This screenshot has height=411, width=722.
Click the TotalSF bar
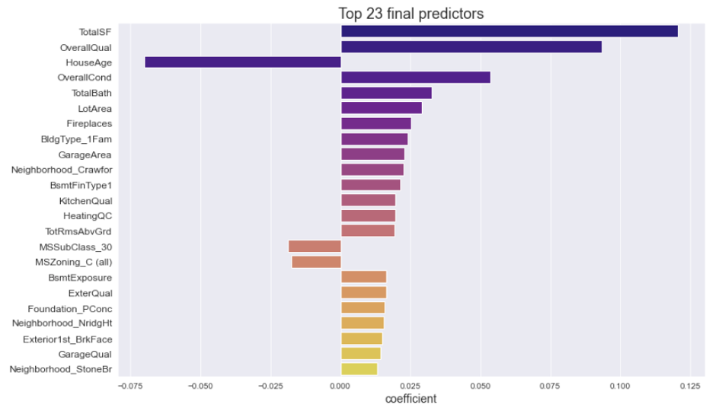(x=509, y=32)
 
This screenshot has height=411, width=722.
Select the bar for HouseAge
(x=243, y=62)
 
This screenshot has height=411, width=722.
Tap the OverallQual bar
(x=471, y=47)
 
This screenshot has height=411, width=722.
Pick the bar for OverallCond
(x=415, y=78)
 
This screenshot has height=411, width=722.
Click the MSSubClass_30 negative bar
(x=315, y=247)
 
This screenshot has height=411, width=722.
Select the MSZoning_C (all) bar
(x=316, y=262)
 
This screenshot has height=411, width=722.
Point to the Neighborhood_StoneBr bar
(x=359, y=369)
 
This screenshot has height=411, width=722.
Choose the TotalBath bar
(x=386, y=93)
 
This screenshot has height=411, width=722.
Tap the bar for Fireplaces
(x=375, y=123)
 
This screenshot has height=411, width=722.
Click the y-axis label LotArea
(x=94, y=109)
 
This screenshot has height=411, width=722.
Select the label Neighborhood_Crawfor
(x=62, y=170)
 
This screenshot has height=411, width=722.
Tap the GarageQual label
(x=85, y=354)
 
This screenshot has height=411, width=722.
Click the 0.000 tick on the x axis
(x=340, y=386)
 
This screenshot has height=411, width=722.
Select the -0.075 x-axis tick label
(x=129, y=386)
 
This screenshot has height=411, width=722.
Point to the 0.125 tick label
(x=689, y=386)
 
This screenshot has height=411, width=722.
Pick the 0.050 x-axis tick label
(x=480, y=386)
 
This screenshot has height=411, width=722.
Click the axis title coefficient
(x=411, y=399)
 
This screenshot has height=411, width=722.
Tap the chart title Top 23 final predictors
(x=411, y=14)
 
